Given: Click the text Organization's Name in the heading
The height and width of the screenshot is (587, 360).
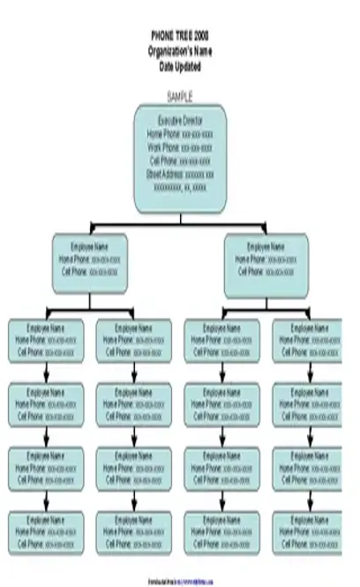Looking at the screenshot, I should (180, 51).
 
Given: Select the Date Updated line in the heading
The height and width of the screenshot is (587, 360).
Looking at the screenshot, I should (180, 65).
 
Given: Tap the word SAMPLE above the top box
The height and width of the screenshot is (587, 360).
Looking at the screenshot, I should (180, 95).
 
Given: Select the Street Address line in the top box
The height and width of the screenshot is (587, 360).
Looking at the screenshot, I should (180, 174).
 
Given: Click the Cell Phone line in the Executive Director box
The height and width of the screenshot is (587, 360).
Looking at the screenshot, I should (180, 161).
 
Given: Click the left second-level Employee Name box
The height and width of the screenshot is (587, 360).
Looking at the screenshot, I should (89, 260).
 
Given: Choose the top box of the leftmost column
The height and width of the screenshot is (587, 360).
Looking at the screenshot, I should (46, 340).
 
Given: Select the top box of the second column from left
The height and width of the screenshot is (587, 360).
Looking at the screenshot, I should (134, 340).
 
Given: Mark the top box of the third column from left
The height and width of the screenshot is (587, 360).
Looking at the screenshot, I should (221, 340).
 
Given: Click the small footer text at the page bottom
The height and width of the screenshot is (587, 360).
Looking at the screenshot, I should (180, 580).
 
